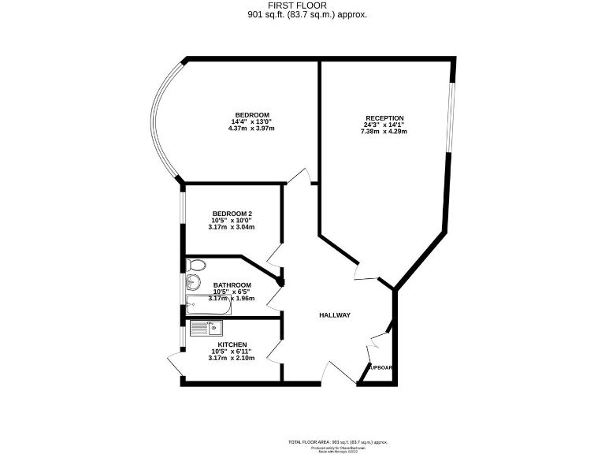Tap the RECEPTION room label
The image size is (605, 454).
click(384, 118)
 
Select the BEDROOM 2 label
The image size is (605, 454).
click(232, 214)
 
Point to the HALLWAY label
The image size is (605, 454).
click(334, 315)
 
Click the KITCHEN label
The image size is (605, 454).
click(232, 344)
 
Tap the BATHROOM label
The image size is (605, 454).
click(232, 285)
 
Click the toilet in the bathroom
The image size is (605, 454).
click(196, 265)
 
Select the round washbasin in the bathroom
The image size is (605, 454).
click(191, 284)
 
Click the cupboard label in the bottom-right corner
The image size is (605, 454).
click(380, 367)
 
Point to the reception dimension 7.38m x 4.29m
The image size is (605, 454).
click(384, 131)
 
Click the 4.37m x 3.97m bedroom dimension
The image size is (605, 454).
click(252, 128)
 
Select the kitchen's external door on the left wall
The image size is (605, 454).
click(175, 364)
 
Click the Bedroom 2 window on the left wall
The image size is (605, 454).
click(182, 218)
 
